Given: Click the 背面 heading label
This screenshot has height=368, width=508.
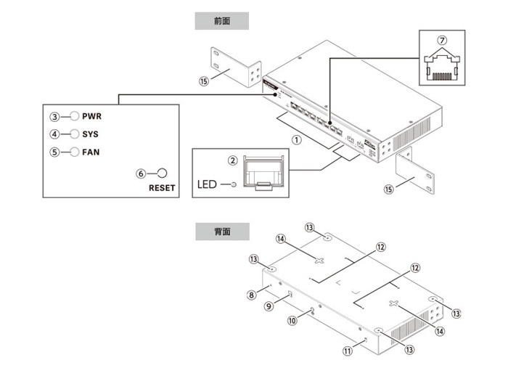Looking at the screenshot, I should [x=222, y=232].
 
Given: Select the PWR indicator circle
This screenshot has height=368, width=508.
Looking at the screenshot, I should [x=74, y=116].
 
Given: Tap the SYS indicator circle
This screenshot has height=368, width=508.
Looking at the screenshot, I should [x=74, y=134].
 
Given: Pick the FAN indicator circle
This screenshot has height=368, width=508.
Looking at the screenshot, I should [x=74, y=152].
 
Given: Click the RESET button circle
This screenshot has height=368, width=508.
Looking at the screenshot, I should [x=163, y=173].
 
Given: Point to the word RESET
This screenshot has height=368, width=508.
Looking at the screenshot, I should [x=162, y=187].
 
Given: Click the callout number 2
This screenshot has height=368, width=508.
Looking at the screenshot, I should [x=232, y=160].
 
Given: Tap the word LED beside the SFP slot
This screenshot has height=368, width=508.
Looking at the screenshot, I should [x=208, y=184].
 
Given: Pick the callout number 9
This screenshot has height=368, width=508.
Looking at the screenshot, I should [x=268, y=306].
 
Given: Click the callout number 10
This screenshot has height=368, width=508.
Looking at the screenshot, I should [x=293, y=319].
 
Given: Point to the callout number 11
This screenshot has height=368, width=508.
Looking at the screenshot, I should [x=348, y=350].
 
